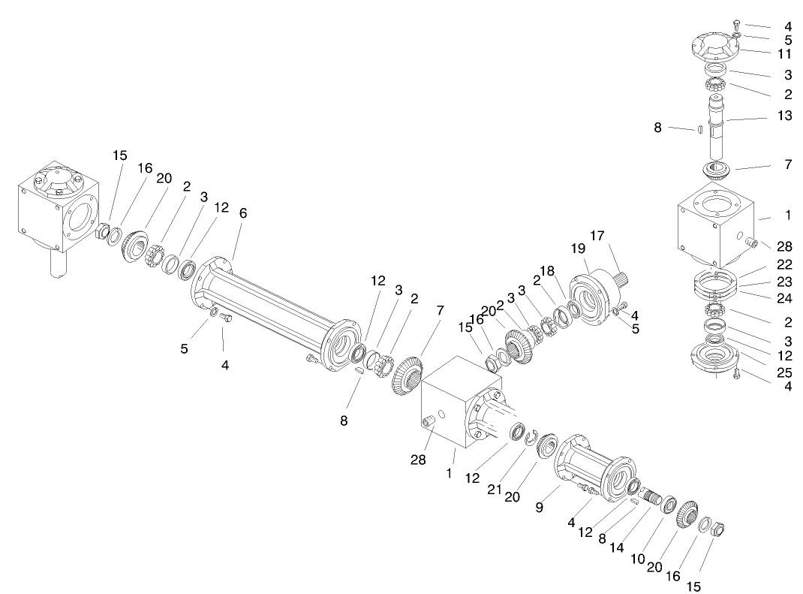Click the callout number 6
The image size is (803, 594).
point(242,213)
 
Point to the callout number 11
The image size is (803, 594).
point(784,55)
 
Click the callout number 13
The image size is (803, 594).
point(784,116)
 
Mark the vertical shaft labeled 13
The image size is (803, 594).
point(717,128)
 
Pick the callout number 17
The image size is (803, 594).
point(597,236)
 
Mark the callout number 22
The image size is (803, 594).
point(784,264)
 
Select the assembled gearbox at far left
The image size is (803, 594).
point(57,210)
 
